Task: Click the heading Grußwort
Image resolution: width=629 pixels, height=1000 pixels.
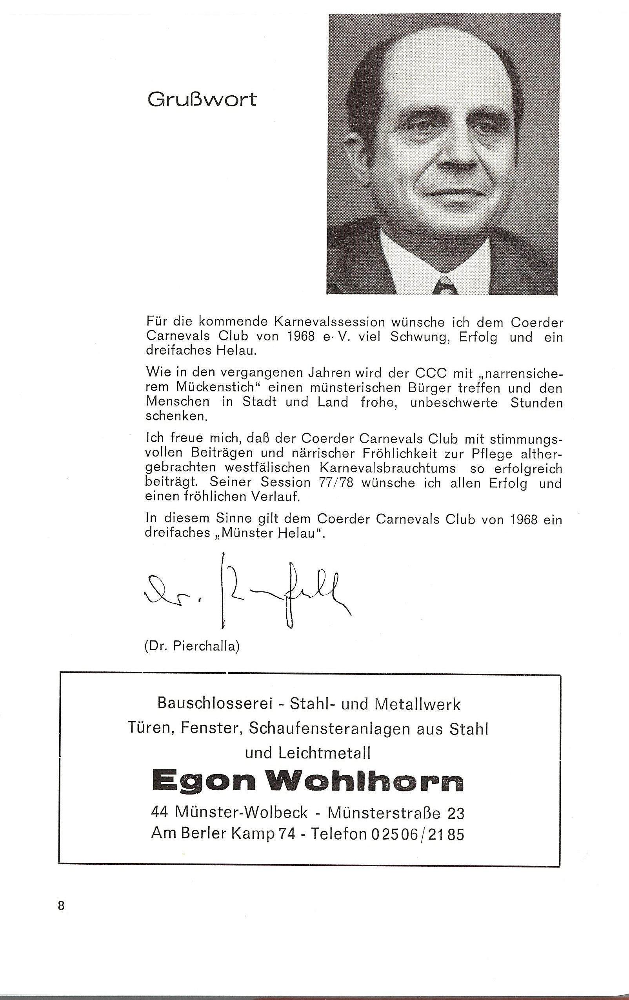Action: pyautogui.click(x=202, y=100)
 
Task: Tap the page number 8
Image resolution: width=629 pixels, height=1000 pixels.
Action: pyautogui.click(x=62, y=906)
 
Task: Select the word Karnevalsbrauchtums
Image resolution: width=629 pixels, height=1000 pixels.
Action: pyautogui.click(x=387, y=468)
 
